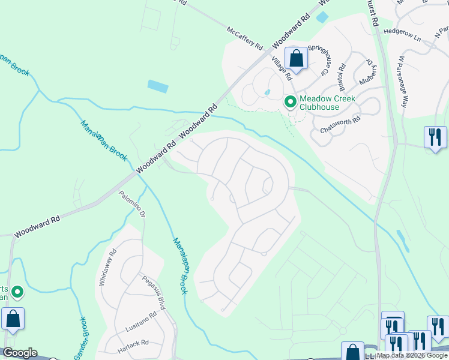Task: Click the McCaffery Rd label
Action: coord(245,37)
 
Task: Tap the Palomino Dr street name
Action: coord(132,205)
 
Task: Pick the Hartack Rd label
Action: coord(133,343)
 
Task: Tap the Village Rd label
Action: coord(281,68)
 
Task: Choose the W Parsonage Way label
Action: coord(402,82)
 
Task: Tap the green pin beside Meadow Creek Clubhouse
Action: coord(291,103)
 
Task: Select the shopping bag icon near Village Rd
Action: coord(296,59)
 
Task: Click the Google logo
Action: coord(19,352)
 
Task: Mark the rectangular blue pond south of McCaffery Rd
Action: coord(158,86)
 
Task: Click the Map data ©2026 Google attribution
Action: coord(412,355)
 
